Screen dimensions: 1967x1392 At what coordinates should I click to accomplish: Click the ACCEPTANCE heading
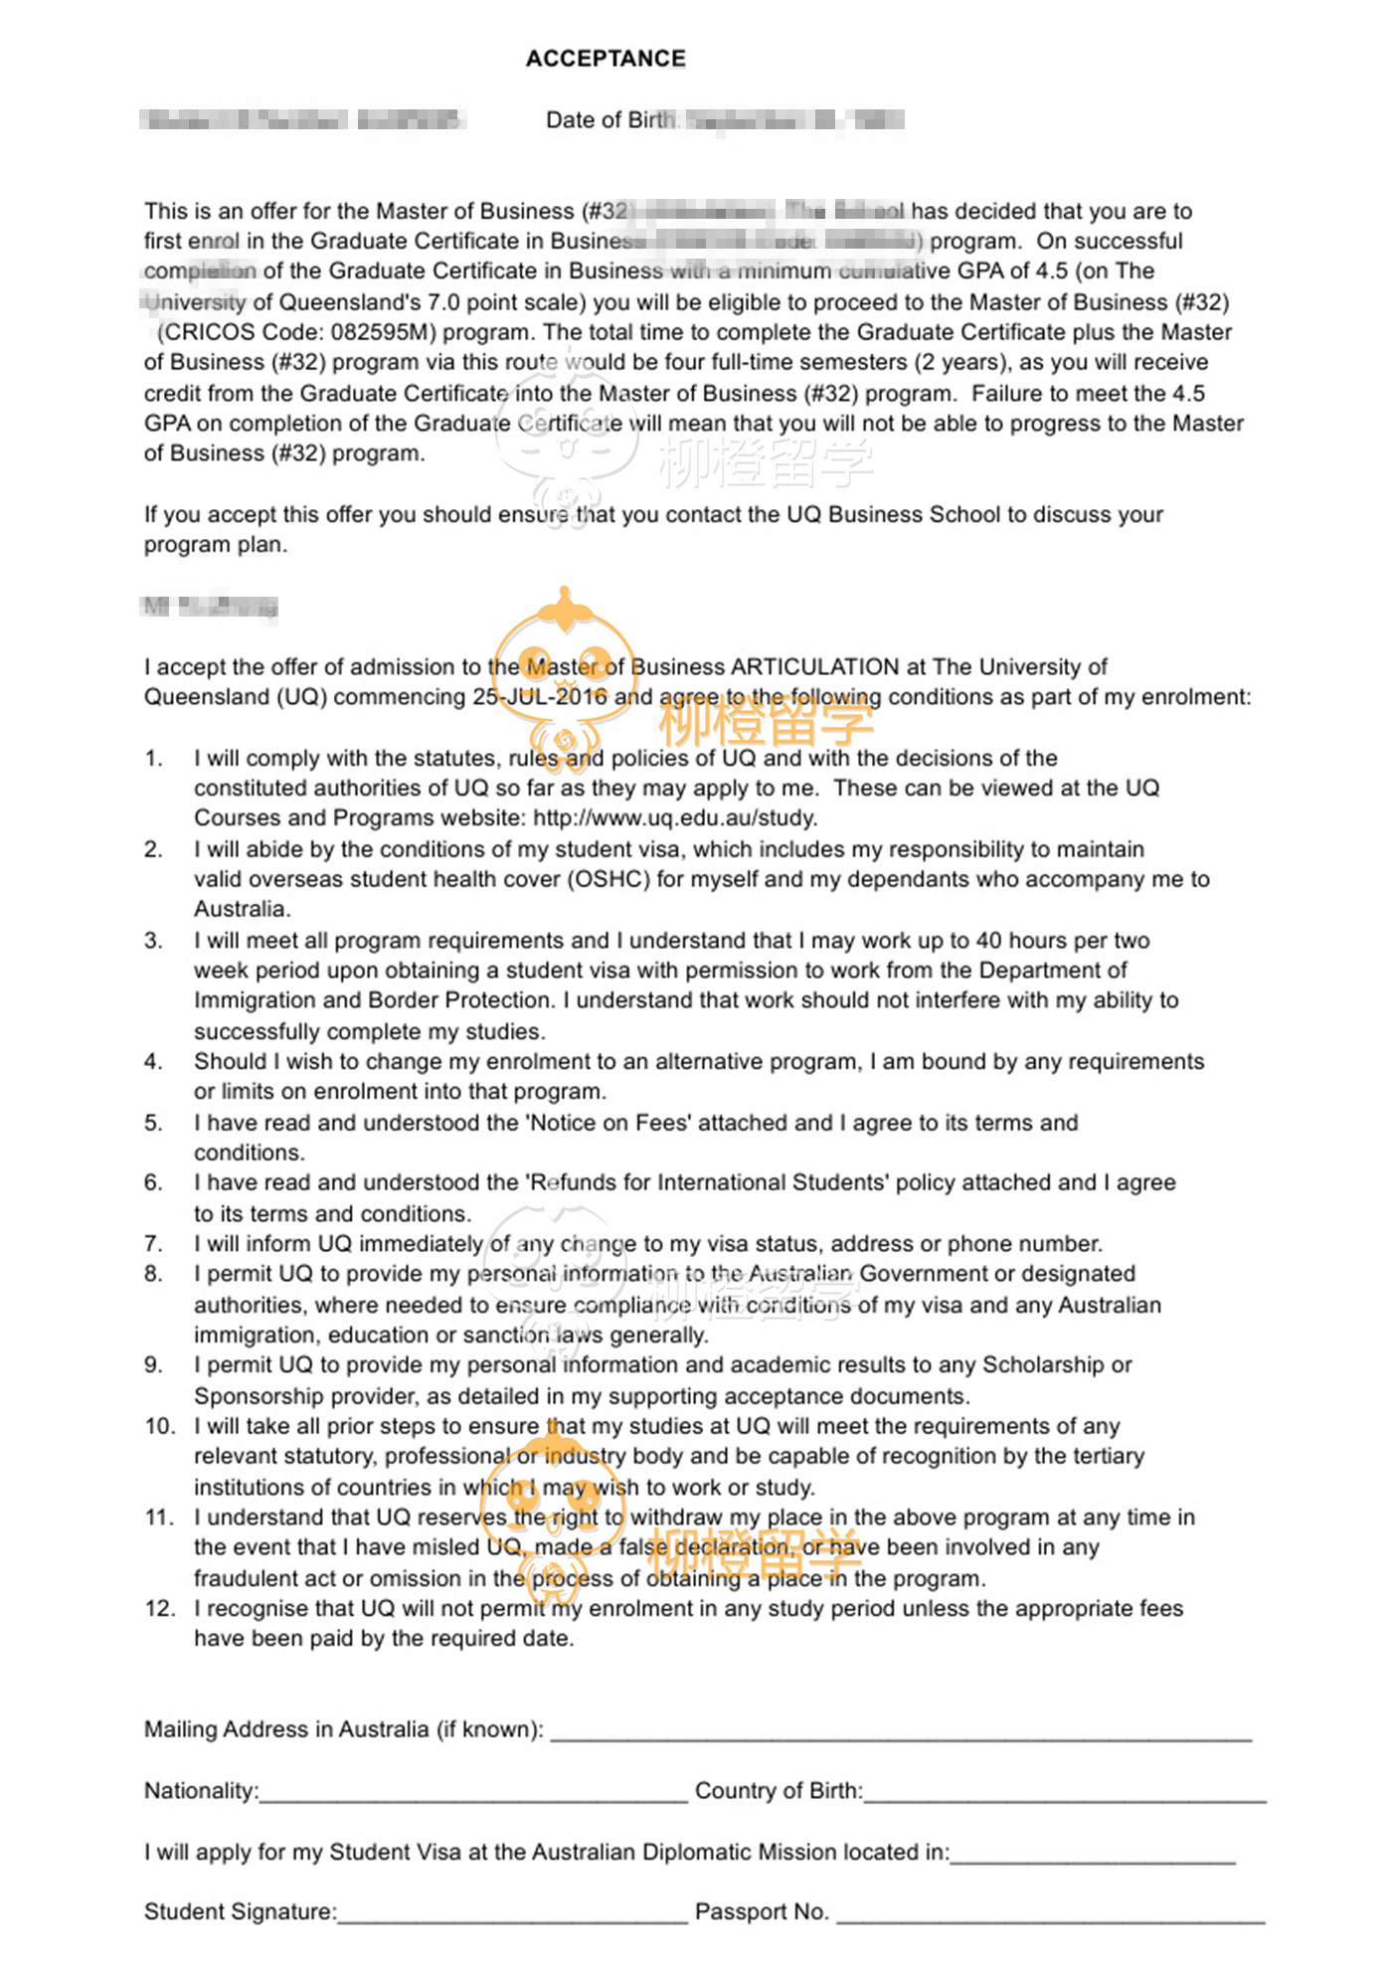point(606,59)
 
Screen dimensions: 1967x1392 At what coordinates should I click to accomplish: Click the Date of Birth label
point(610,120)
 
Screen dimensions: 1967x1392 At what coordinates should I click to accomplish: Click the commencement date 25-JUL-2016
point(539,697)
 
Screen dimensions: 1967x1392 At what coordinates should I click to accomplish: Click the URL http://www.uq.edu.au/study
point(675,818)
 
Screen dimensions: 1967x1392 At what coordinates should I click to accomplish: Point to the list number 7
point(153,1244)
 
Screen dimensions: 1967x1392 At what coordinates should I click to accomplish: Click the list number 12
point(159,1609)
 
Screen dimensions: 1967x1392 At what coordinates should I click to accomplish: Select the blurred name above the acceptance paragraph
point(210,606)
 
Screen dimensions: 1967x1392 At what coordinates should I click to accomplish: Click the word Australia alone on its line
point(242,910)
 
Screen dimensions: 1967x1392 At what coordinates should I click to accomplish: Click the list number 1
point(153,759)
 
